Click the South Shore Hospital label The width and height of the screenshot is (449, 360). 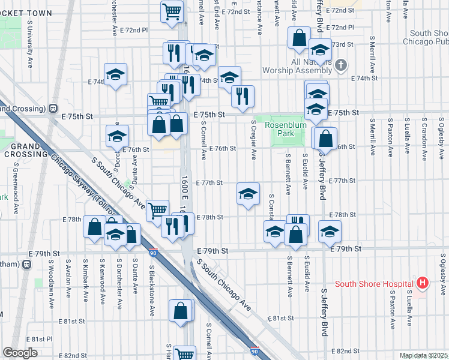[374, 284]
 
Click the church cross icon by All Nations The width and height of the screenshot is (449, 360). [340, 65]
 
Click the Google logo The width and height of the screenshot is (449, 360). [20, 353]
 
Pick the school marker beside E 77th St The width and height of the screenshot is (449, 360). [248, 193]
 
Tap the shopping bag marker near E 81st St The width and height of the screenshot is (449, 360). [181, 310]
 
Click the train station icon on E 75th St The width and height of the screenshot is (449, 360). [52, 109]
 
